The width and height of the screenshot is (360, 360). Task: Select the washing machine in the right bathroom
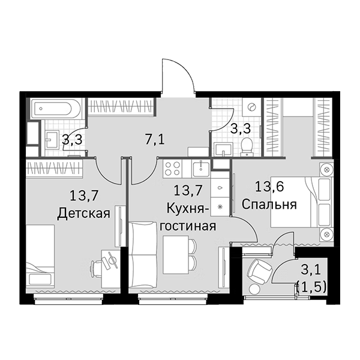[x=253, y=108]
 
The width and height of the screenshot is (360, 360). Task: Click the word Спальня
[x=269, y=205]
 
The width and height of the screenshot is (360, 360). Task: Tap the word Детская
[x=83, y=214]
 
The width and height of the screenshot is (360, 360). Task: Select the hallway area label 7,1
[x=155, y=140]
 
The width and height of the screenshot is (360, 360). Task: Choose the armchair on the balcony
[x=260, y=274]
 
